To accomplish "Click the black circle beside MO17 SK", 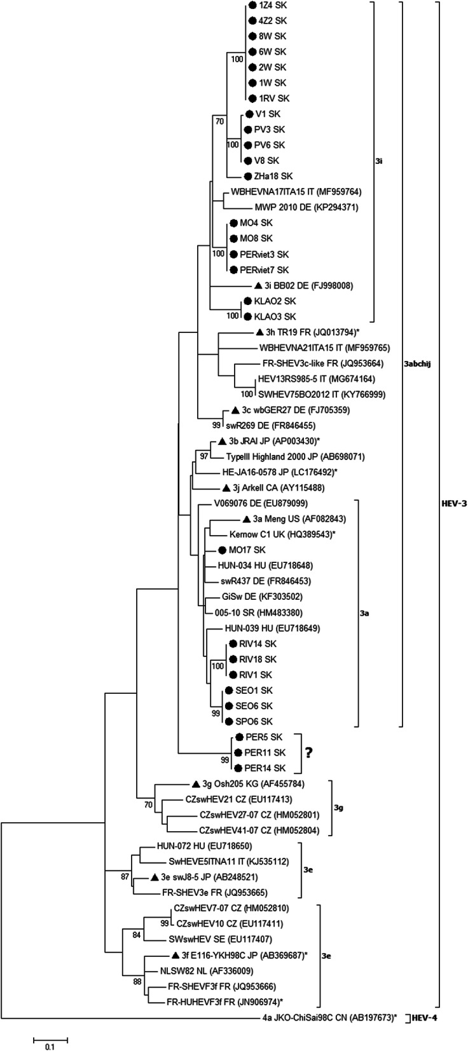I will coord(222,550).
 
